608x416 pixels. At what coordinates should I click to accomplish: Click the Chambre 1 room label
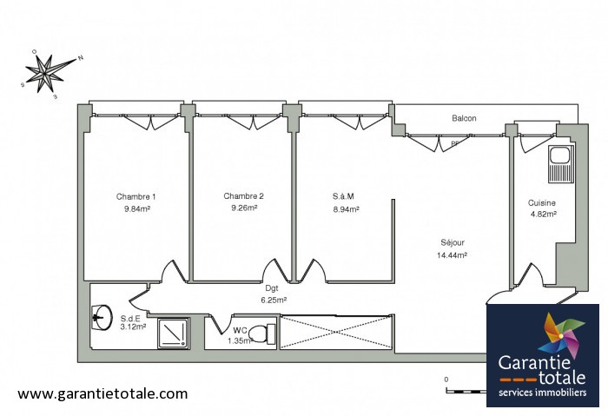(135, 196)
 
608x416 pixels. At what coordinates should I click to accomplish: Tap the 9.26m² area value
(244, 208)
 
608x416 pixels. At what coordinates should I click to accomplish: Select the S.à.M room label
(343, 196)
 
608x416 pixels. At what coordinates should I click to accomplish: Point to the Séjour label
(453, 242)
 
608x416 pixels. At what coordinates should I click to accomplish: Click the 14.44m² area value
(452, 255)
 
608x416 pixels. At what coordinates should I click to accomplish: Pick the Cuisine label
(542, 202)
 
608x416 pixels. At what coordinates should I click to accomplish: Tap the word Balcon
(464, 118)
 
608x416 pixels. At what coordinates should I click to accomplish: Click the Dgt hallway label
(271, 288)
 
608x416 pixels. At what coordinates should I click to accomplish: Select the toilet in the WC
(261, 333)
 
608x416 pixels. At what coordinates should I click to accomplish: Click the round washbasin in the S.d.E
(102, 318)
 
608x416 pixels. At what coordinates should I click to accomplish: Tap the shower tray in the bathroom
(173, 333)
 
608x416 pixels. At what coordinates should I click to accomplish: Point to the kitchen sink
(561, 164)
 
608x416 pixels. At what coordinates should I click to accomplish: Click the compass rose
(47, 72)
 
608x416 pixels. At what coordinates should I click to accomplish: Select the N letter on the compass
(81, 58)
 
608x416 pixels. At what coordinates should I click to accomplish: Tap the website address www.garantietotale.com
(102, 394)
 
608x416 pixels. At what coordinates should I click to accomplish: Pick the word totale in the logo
(562, 377)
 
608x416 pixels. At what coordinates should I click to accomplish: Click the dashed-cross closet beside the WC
(335, 333)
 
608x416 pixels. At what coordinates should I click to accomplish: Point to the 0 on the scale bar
(446, 380)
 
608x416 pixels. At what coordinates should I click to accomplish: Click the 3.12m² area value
(133, 327)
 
